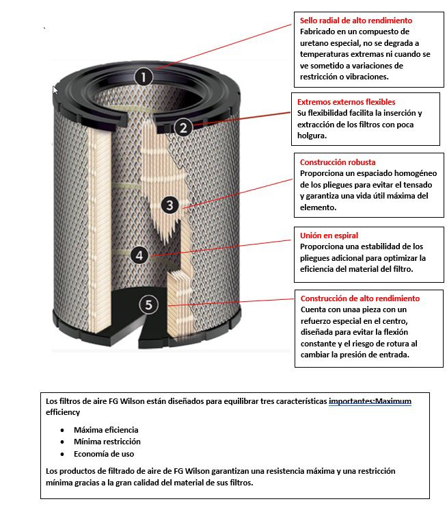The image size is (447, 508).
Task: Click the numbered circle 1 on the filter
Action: [142, 77]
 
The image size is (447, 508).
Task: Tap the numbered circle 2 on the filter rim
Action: [182, 127]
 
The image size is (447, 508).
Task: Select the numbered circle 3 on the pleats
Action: [172, 204]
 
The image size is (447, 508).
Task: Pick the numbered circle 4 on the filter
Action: [139, 255]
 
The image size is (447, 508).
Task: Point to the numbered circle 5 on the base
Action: [149, 305]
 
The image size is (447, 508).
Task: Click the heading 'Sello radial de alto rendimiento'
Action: [356, 21]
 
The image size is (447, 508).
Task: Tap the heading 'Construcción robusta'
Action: [338, 162]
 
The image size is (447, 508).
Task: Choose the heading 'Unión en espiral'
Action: [329, 236]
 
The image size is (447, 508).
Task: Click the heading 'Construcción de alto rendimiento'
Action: [360, 299]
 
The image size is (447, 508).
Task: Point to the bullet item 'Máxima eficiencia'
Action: [106, 429]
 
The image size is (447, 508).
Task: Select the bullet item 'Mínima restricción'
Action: [107, 442]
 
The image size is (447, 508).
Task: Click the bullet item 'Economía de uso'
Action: [104, 453]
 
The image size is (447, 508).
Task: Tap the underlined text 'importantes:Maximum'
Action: [370, 401]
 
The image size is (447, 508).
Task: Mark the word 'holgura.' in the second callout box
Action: [313, 135]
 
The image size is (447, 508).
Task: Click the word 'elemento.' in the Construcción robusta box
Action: [319, 207]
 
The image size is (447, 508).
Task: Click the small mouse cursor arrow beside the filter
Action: [55, 90]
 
